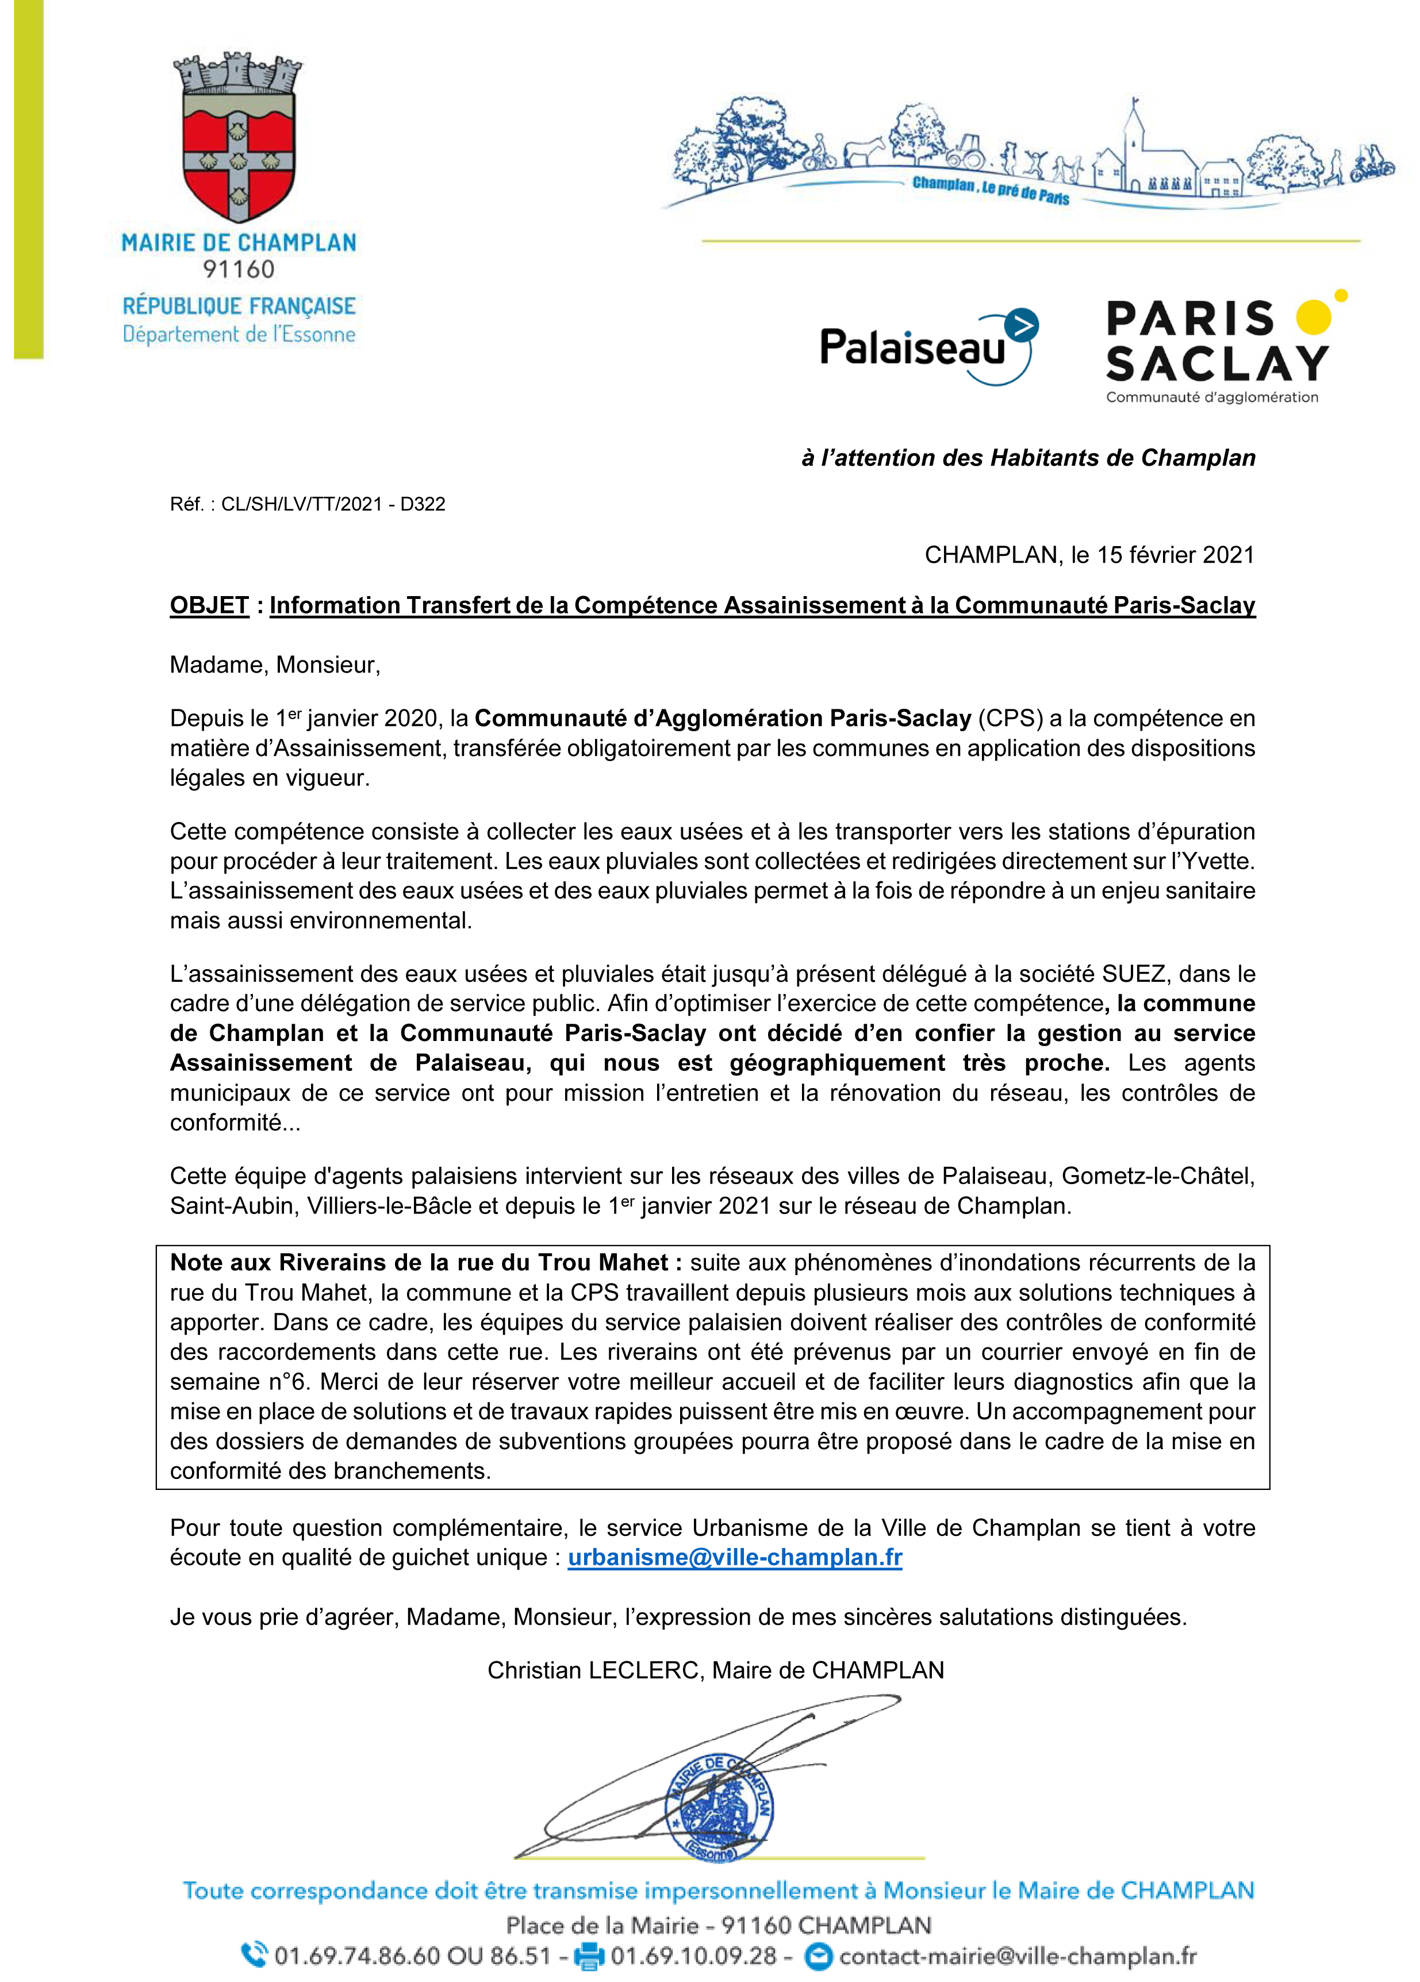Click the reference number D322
(x=423, y=504)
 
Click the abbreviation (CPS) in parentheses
(x=1010, y=719)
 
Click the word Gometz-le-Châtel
(x=1158, y=1176)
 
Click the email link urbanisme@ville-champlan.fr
(x=735, y=1557)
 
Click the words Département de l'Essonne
(x=239, y=335)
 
